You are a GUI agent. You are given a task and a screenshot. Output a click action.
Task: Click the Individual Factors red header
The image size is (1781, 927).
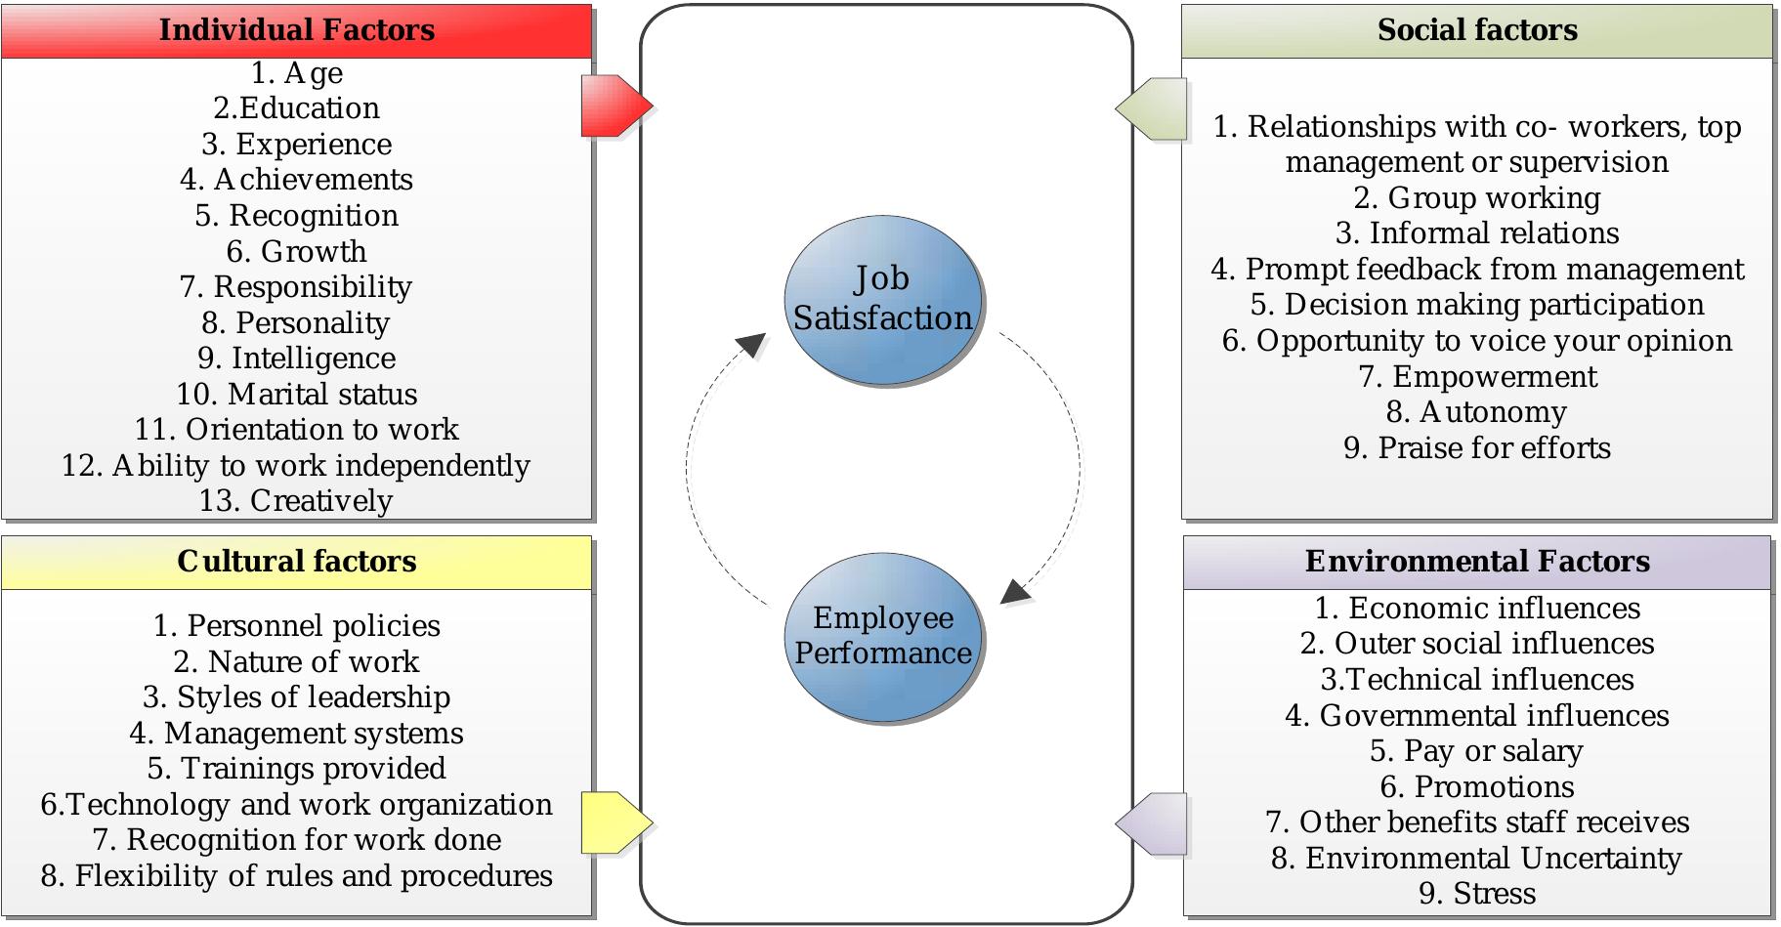tap(296, 30)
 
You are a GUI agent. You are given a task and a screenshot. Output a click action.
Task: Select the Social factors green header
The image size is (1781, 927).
tap(1476, 30)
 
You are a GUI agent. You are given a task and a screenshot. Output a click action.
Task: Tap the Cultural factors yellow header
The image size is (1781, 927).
tap(296, 562)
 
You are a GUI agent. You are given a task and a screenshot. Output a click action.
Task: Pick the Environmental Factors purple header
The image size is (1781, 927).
tap(1476, 562)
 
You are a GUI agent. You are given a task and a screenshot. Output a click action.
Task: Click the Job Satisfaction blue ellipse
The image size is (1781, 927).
tap(882, 298)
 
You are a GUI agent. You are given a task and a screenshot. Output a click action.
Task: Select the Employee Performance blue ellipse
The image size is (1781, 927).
tap(882, 636)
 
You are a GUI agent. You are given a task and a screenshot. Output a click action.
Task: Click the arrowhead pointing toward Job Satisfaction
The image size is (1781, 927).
tap(751, 344)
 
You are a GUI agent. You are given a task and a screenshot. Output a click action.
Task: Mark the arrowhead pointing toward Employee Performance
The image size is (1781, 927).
tap(1015, 591)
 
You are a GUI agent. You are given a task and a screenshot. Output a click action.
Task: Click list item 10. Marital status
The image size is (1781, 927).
tap(296, 394)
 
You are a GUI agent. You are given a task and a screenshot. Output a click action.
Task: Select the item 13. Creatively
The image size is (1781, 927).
tap(296, 500)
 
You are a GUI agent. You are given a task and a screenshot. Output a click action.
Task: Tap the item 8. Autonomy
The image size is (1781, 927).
tap(1476, 412)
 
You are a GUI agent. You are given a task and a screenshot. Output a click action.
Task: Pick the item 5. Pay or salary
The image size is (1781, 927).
tap(1476, 750)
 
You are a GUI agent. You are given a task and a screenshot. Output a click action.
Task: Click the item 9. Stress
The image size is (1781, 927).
tap(1476, 893)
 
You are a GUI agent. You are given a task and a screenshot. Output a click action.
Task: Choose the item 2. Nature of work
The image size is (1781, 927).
tap(296, 661)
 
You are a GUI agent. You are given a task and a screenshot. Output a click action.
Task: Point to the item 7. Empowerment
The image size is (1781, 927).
tap(1476, 376)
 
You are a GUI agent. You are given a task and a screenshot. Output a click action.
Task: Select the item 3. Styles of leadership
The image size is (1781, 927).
tap(296, 696)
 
